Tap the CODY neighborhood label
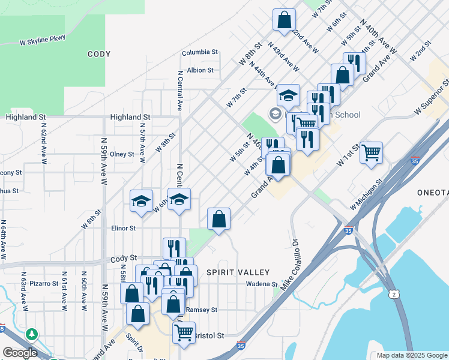point(99,54)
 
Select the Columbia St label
point(200,52)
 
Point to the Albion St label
point(200,70)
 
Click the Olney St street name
point(122,154)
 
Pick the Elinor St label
point(123,228)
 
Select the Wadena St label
point(262,284)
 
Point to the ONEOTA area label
point(433,192)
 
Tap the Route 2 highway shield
point(393,293)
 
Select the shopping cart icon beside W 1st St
point(371,152)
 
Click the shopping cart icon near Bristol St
point(184,331)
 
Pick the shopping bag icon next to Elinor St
point(219,219)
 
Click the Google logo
point(20,353)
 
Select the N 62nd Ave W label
point(44,144)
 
